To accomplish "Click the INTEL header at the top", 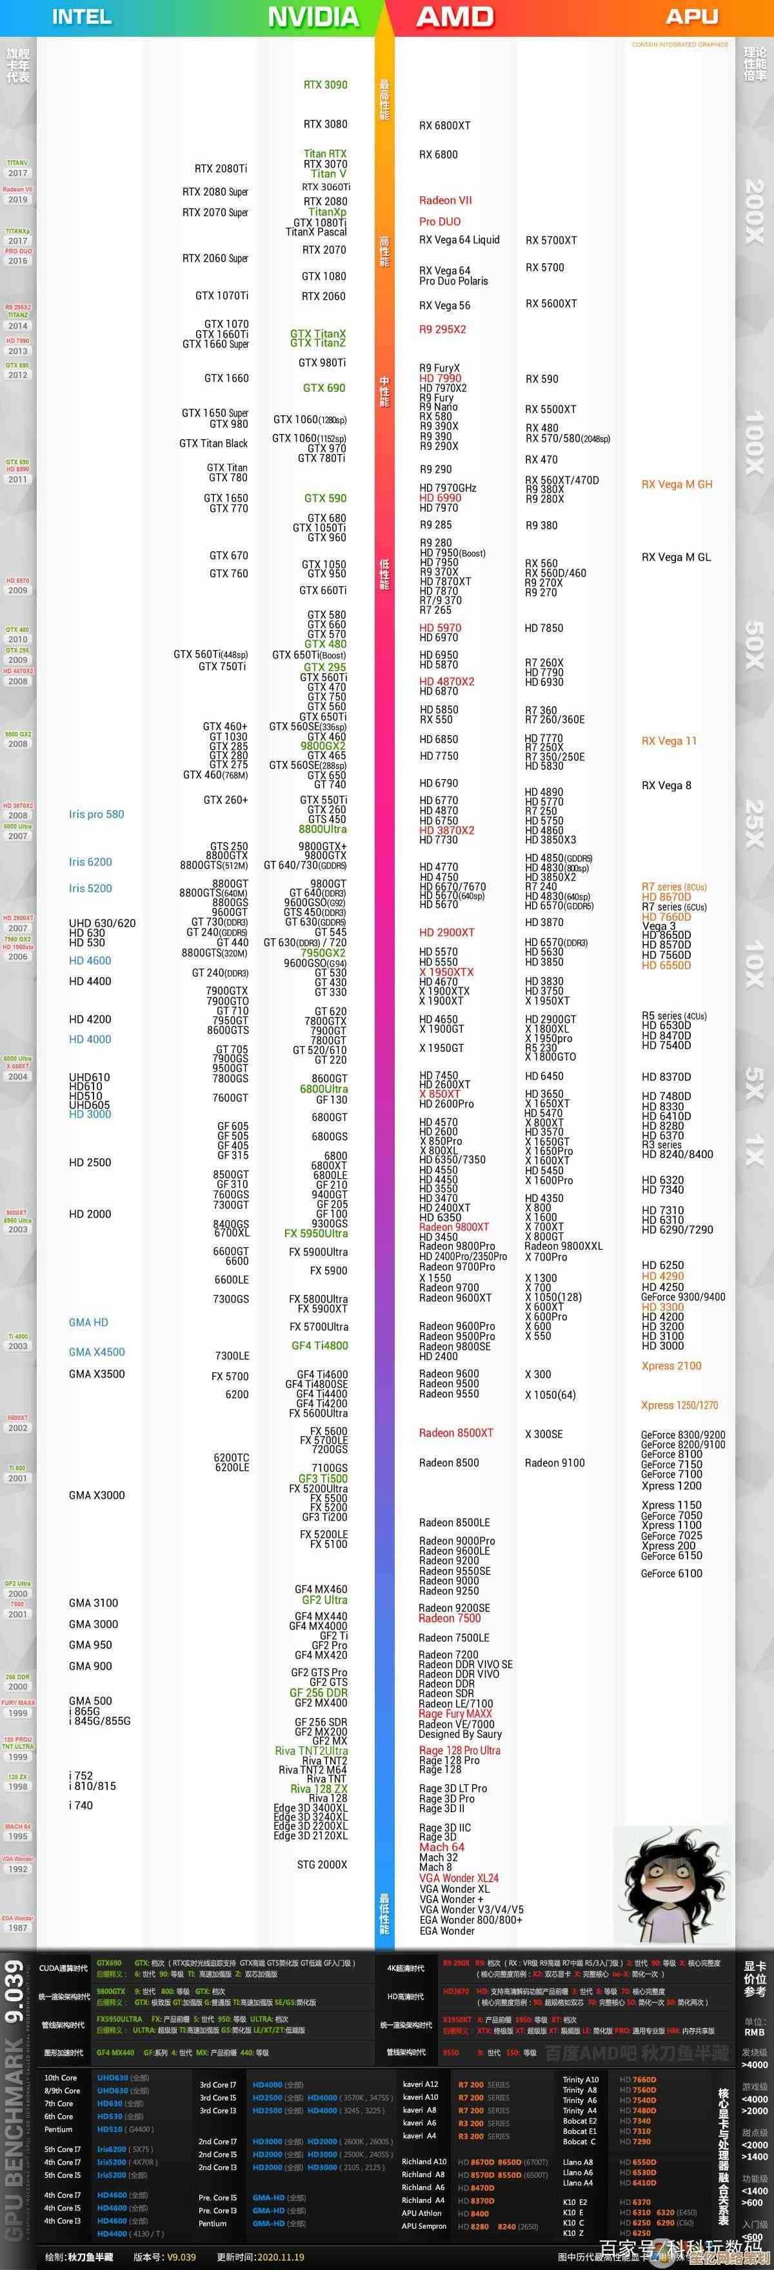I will (82, 17).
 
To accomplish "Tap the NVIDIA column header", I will (313, 17).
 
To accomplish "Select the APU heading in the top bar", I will (691, 17).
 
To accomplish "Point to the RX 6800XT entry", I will (444, 126).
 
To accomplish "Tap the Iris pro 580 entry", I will (96, 814).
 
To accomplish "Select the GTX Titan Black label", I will (213, 443).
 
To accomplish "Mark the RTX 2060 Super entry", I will (215, 258).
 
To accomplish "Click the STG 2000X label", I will (322, 1864).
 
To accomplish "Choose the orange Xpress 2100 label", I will (671, 1366).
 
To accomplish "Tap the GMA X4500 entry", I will (97, 1352).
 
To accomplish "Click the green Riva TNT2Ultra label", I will (310, 1751).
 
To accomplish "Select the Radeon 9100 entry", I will (555, 1463).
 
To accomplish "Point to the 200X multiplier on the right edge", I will (754, 212).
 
